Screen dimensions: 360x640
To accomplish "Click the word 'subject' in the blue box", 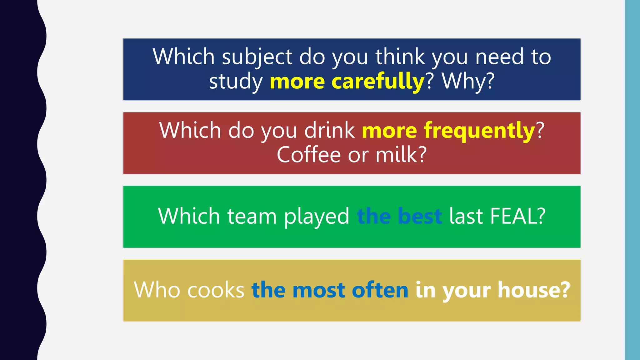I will [257, 57].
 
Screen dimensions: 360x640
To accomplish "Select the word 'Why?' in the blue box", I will [468, 82].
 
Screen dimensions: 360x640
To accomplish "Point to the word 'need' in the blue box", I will [499, 57].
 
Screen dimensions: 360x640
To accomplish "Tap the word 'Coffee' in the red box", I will [308, 155].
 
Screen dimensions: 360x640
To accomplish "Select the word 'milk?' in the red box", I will [401, 155].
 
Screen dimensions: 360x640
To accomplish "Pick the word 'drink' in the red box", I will [329, 130].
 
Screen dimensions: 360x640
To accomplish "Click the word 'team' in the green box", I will [252, 216].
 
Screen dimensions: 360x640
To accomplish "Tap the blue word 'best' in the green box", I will [420, 216].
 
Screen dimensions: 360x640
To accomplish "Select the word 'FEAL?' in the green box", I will [518, 216].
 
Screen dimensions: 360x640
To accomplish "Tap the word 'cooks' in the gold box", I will [216, 290].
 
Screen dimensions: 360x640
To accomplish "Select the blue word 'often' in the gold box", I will [380, 290].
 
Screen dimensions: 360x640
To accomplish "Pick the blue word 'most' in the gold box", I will [319, 290].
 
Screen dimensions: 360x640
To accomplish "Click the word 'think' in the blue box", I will [400, 57].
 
